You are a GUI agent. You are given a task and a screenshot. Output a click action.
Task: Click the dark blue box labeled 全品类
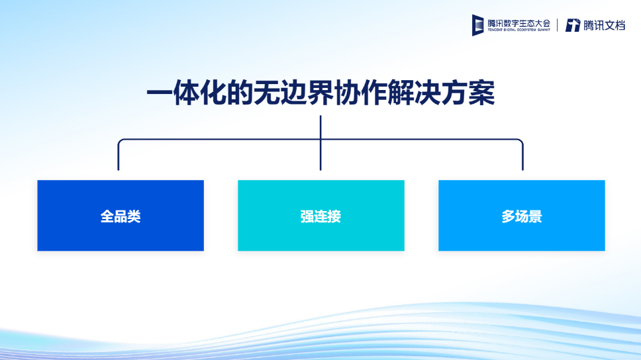(x=121, y=215)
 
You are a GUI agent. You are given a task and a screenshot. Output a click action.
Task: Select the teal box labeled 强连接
(x=321, y=215)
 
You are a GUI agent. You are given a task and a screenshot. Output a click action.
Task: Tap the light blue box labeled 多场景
(x=522, y=215)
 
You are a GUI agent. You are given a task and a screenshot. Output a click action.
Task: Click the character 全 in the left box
(x=107, y=216)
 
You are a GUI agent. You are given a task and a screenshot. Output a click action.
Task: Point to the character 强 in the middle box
(x=307, y=216)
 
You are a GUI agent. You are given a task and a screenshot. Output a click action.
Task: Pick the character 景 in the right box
(x=535, y=216)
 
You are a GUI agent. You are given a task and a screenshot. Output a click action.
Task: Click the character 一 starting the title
(x=160, y=93)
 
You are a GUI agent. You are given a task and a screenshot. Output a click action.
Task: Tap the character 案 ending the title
(x=482, y=93)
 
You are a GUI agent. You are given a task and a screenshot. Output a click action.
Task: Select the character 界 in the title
(x=320, y=93)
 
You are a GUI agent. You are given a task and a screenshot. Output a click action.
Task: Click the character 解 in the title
(x=401, y=93)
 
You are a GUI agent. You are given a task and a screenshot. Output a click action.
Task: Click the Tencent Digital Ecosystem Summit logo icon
(x=478, y=25)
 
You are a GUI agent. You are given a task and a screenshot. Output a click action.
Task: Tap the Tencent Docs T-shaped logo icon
(x=573, y=25)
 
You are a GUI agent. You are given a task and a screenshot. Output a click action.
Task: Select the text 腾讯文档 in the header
(x=604, y=25)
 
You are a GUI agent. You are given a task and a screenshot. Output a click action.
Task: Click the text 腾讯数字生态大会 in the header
(x=518, y=23)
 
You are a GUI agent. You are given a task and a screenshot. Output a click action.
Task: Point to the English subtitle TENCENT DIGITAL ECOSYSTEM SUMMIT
(x=518, y=30)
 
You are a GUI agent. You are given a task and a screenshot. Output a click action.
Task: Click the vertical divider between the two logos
(x=557, y=25)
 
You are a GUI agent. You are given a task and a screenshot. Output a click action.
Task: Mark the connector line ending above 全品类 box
(x=119, y=154)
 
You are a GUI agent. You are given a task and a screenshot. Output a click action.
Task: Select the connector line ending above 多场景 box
(x=522, y=154)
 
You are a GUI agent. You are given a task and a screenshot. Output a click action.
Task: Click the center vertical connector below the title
(x=320, y=143)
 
